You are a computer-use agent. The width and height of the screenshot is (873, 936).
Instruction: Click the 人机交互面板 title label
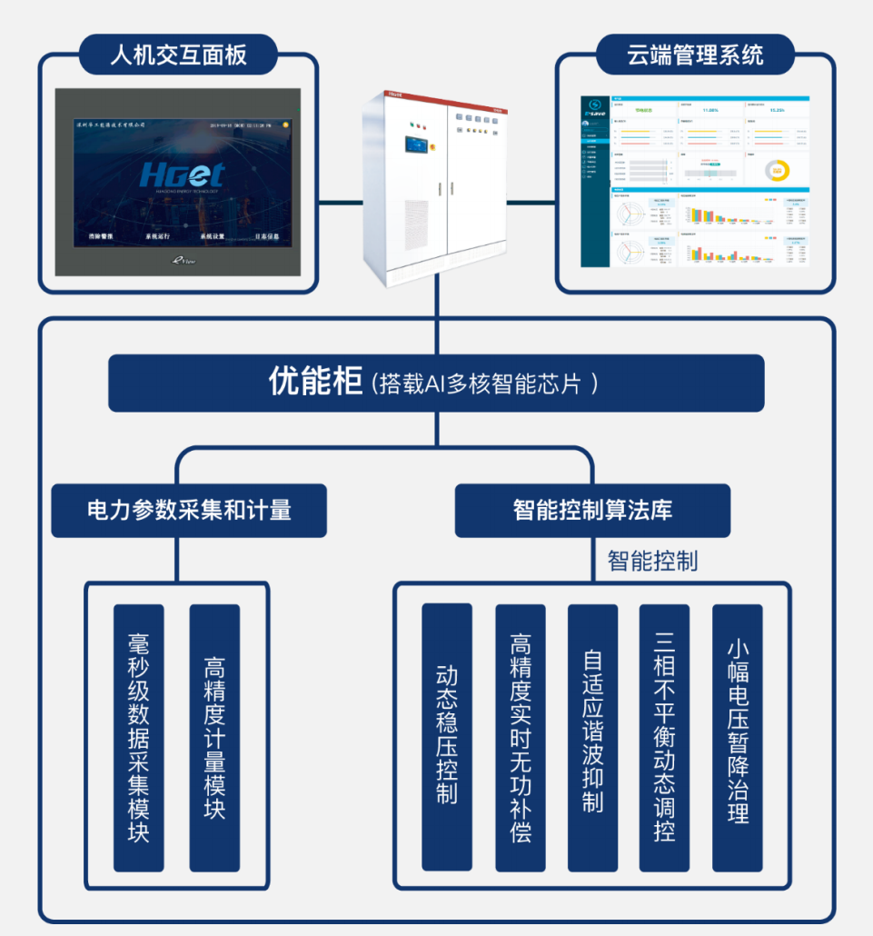[178, 55]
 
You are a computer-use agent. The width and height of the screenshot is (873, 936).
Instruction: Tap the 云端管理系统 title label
[695, 55]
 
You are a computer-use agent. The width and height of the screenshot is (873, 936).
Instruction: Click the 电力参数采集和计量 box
[189, 510]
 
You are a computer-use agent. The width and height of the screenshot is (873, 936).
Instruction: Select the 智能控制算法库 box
[592, 510]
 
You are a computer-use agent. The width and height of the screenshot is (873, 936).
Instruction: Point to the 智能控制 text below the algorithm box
[652, 561]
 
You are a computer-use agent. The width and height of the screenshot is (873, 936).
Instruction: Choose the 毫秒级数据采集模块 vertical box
[139, 737]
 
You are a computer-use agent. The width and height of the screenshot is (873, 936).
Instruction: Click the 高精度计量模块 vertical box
[214, 737]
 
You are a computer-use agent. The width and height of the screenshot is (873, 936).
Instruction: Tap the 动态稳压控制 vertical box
[447, 736]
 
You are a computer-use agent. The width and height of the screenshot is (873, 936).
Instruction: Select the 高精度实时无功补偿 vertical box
[521, 737]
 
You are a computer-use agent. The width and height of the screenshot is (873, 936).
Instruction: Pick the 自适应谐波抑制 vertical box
[592, 737]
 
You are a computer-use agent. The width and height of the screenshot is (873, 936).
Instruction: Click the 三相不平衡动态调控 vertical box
[664, 737]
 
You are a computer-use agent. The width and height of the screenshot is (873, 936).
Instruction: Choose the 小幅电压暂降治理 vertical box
[738, 737]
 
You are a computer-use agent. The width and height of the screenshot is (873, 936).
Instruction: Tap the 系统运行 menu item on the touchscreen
[157, 236]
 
